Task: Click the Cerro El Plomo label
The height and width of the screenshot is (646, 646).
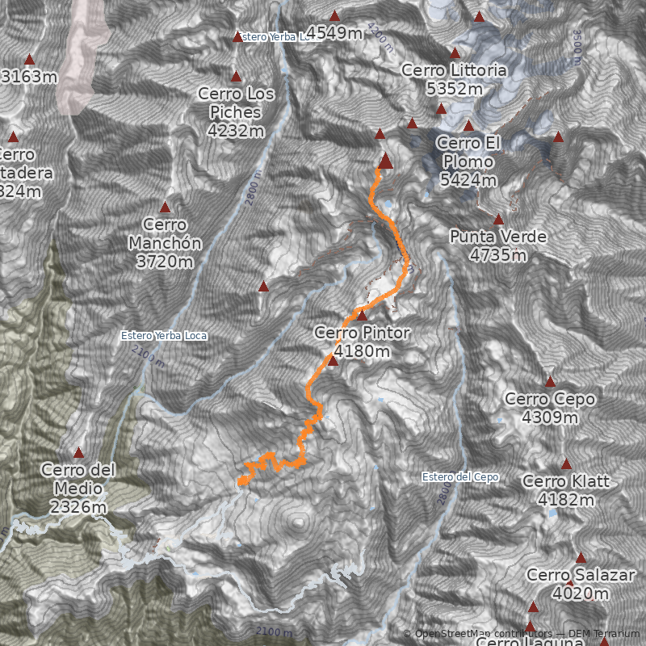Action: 469,161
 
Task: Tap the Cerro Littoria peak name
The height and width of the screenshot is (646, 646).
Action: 454,80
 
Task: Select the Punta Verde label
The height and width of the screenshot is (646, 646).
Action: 499,245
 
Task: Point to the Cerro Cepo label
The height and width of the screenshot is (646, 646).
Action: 550,408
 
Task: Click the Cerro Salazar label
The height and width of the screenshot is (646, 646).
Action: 568,584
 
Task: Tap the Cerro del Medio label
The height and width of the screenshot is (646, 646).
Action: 78,488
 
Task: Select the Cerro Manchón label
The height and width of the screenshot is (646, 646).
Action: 164,242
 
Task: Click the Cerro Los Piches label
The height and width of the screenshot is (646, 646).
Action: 236,111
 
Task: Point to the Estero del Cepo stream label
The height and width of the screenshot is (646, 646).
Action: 460,477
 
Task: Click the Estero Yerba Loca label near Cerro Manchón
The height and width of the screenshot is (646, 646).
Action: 163,335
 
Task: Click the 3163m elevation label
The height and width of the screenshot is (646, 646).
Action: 30,77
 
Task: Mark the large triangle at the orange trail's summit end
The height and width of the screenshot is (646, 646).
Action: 385,161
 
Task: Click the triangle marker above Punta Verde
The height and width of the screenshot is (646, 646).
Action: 498,219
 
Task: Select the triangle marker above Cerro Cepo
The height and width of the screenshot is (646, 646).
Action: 550,382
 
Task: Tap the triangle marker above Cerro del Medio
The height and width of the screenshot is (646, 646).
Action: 78,452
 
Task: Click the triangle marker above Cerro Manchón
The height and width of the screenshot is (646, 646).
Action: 165,208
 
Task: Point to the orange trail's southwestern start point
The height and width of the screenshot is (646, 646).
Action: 241,482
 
